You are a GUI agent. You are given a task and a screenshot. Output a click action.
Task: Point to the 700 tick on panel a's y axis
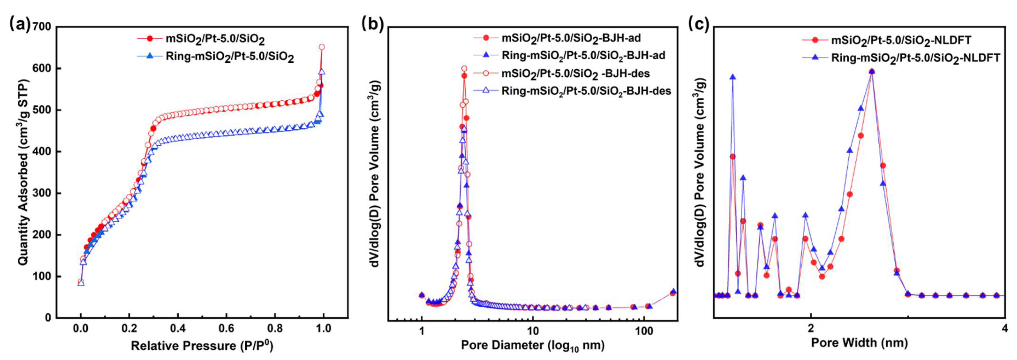pos(42,27)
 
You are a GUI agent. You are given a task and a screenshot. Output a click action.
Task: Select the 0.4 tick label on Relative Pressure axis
pos(178,328)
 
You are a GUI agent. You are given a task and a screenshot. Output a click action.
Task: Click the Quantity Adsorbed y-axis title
pos(24,173)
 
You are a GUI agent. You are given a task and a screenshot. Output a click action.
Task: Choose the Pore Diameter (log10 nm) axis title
pos(533,346)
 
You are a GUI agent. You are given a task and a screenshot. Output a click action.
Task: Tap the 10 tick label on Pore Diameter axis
pos(533,330)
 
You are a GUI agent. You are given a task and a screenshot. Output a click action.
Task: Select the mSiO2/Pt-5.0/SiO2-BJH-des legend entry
pos(575,73)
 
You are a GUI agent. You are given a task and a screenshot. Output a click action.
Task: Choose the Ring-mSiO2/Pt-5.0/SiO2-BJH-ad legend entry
pos(583,55)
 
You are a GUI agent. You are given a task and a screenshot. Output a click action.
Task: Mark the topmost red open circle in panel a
pos(322,47)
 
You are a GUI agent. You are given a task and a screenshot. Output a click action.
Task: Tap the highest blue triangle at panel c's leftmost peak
pos(733,77)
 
